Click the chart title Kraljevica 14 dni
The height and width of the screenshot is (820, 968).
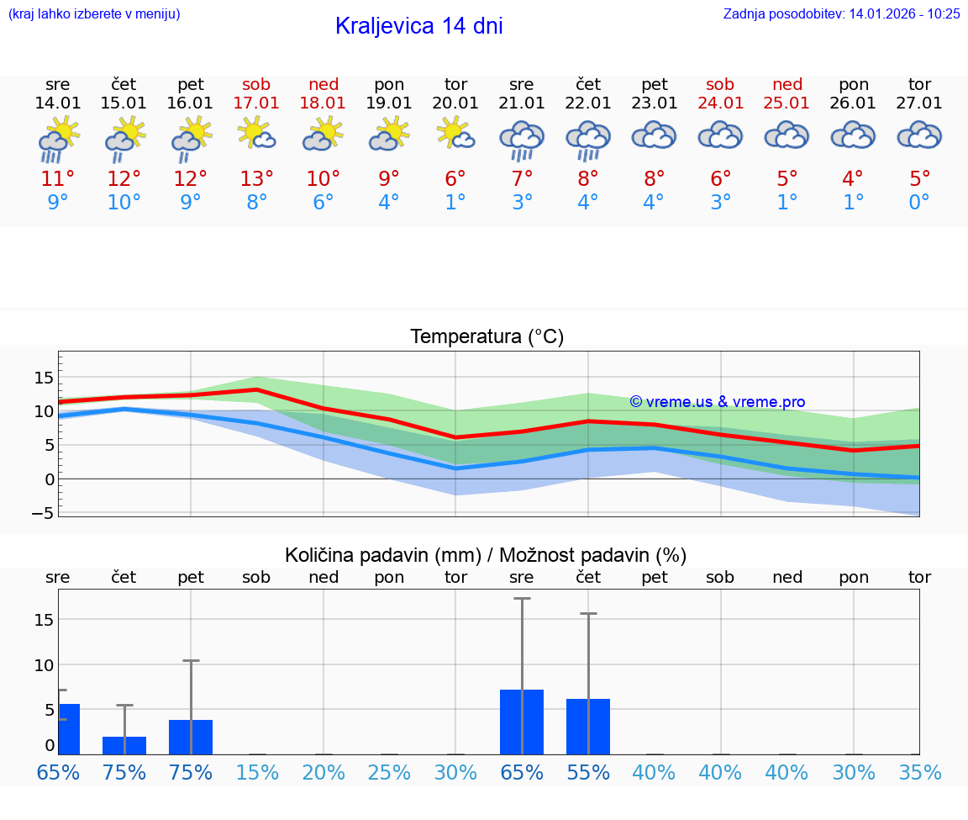point(418,26)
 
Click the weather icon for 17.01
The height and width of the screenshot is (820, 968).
point(257,135)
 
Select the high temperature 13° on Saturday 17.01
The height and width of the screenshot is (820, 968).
point(257,178)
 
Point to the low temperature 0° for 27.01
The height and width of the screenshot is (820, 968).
point(919,203)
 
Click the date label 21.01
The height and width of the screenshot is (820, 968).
point(522,103)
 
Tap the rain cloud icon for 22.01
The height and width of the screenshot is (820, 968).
point(587,139)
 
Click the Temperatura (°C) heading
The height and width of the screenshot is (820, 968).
point(487,337)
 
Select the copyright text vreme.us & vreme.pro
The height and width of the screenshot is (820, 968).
point(718,402)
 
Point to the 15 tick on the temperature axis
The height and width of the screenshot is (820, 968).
point(44,378)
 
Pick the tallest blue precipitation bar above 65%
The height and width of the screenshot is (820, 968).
point(522,722)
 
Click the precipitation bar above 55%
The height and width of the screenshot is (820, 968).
point(588,727)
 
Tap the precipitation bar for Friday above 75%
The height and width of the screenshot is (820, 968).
point(191,737)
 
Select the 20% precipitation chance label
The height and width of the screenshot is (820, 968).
point(324,773)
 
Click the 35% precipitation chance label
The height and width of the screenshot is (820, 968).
point(919,773)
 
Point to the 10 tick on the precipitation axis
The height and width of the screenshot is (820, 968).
point(44,664)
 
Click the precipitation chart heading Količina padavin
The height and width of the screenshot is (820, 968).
point(486,555)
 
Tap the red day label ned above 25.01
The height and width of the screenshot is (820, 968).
point(787,84)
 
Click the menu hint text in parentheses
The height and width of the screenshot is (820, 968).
point(94,13)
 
